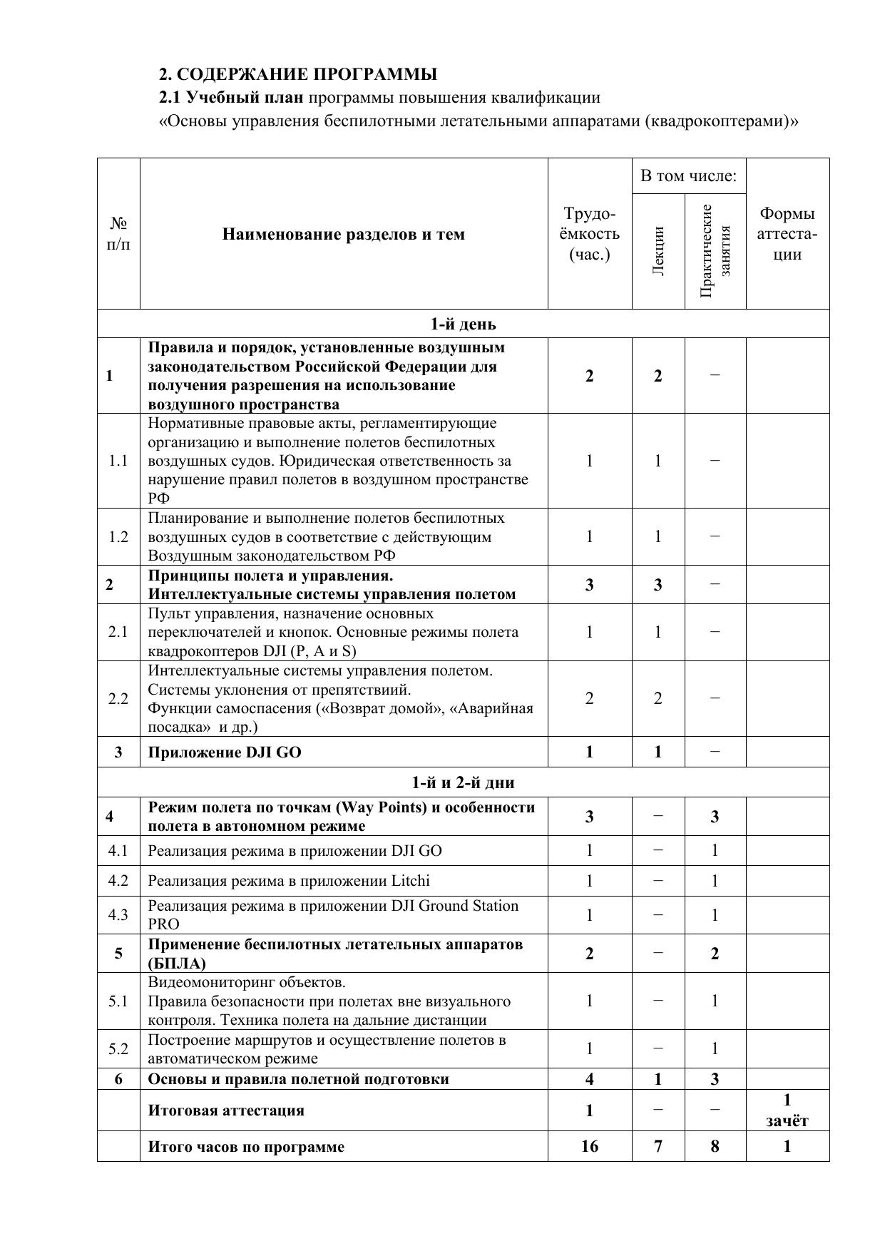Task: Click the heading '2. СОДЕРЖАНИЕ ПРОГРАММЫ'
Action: (297, 74)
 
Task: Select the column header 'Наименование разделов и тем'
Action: (343, 235)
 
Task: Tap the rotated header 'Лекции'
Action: (658, 250)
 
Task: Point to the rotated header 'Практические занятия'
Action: (715, 250)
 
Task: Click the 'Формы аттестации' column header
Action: (787, 234)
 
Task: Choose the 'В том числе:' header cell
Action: (688, 176)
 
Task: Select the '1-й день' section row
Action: (463, 325)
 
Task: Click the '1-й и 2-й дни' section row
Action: (463, 782)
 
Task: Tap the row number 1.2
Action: (118, 537)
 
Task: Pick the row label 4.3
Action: (118, 915)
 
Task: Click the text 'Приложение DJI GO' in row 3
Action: (225, 752)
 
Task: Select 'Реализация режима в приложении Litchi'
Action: (289, 881)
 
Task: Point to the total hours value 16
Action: (590, 1146)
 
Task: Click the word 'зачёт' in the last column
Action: (787, 1121)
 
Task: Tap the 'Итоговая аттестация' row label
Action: (226, 1110)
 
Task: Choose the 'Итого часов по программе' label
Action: (246, 1147)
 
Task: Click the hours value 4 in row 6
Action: (590, 1079)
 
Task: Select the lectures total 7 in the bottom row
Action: (658, 1146)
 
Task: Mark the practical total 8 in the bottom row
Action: (715, 1146)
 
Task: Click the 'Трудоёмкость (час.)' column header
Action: (590, 234)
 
